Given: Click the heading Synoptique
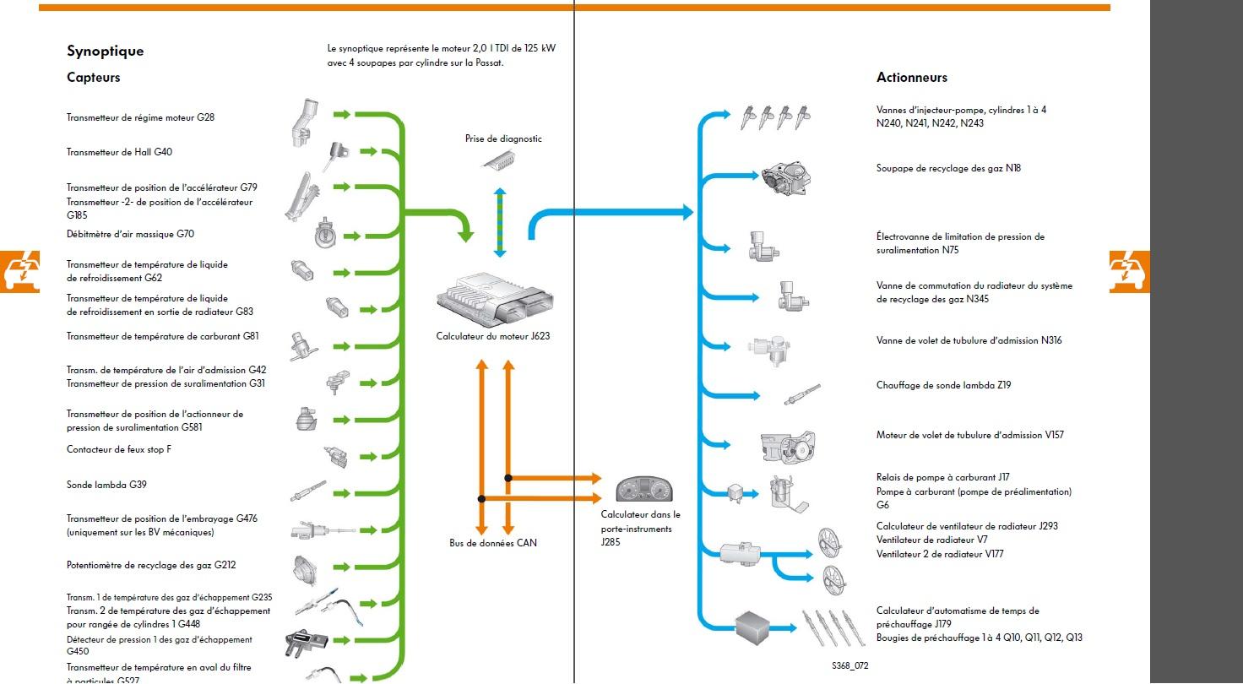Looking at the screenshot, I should (106, 51).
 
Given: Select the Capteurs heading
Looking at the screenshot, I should (94, 78).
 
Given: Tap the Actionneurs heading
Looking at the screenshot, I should (912, 78).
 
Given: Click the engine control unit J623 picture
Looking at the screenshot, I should (493, 296).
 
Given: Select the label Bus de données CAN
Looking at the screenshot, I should (493, 543).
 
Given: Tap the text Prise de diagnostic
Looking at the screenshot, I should (503, 138).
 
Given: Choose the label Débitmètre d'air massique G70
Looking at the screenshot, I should (130, 234).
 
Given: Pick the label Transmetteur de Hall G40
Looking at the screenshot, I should (120, 152).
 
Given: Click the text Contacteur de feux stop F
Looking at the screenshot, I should (119, 449).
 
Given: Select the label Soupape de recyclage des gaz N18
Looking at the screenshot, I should (948, 168).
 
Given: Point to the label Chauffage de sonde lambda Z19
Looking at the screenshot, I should (943, 385).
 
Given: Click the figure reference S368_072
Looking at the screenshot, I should (849, 666).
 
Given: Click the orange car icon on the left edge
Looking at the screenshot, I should (19, 270).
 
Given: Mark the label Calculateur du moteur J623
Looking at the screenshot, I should (493, 336).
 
